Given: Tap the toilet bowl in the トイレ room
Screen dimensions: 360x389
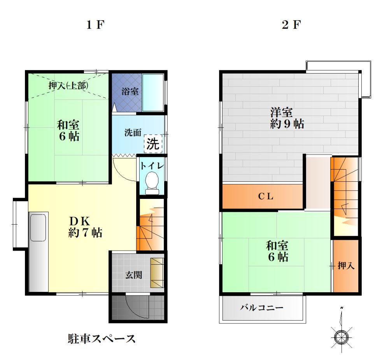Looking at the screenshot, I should tap(151, 182).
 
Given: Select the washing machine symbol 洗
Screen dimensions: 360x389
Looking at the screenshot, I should tap(153, 144).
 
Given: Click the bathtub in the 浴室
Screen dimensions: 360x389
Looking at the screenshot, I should tap(152, 92).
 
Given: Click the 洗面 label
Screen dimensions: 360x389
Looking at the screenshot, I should tap(133, 132).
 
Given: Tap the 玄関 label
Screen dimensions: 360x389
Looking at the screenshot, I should tap(133, 275).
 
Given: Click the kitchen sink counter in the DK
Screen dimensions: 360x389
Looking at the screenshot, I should tap(38, 251).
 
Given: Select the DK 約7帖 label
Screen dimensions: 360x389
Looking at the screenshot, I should tap(85, 227).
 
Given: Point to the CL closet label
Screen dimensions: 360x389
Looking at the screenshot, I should tap(266, 197).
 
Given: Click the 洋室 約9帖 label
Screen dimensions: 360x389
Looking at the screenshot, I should tap(287, 118).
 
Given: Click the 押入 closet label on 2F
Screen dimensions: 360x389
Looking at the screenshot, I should tap(346, 266).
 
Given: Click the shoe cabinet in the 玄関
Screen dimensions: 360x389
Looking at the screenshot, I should tap(157, 273).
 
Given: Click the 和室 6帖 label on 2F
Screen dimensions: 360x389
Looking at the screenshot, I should tap(277, 251).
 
